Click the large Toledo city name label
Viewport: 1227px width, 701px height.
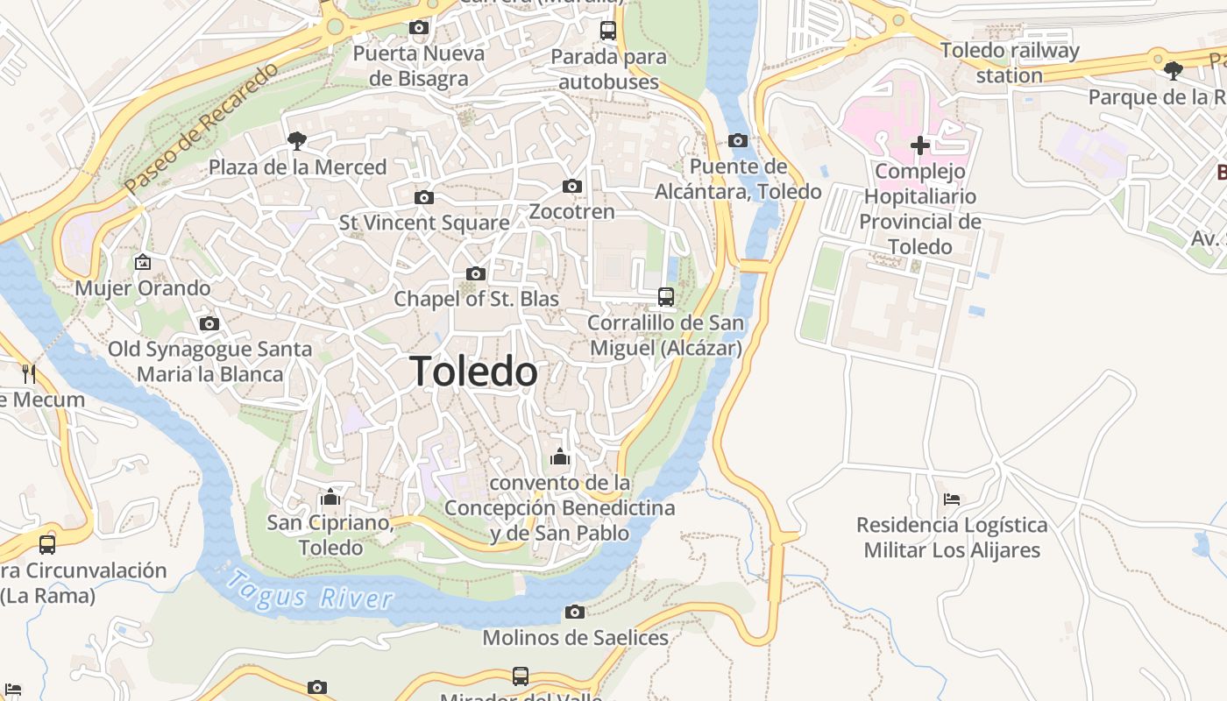tap(473, 372)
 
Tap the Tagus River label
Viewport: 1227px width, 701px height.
tap(310, 591)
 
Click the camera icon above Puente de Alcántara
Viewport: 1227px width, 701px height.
tap(738, 140)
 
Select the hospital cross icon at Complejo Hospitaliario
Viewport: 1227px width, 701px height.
tap(919, 145)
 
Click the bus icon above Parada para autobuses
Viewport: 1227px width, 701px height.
tap(608, 31)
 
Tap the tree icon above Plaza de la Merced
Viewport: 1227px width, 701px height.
tap(297, 140)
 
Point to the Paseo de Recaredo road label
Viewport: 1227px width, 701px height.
tap(201, 129)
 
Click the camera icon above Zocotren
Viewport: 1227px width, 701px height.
tap(572, 186)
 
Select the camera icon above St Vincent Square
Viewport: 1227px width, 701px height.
tap(424, 197)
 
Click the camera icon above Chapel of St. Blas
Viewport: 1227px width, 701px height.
tap(476, 273)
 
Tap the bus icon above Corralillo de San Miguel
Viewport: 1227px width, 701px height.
tap(666, 297)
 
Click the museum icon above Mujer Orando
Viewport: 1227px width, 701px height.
tap(143, 262)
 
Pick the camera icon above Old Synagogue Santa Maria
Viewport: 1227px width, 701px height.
tap(209, 323)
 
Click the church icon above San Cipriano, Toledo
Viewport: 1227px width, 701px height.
tap(330, 498)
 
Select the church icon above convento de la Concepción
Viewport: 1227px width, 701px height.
tap(560, 457)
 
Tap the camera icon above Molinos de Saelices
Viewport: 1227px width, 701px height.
tap(575, 612)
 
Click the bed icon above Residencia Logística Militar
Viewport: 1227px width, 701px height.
tap(952, 499)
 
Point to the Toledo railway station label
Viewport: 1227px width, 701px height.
tap(1010, 62)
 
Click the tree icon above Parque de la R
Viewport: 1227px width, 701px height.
tap(1173, 70)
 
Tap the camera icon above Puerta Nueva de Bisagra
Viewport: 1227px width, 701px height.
tap(419, 28)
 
